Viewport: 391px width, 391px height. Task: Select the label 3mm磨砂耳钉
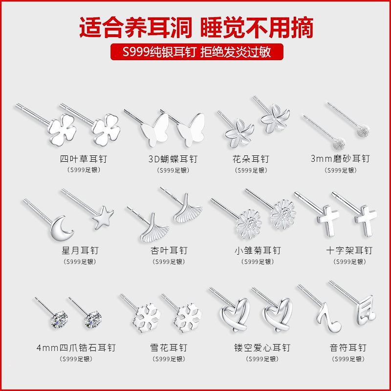(340, 159)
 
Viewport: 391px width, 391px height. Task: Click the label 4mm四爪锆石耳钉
(76, 348)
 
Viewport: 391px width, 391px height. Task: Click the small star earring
(102, 217)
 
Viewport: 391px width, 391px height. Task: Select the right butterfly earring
(189, 130)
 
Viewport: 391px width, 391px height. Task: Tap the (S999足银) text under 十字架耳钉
(349, 262)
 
